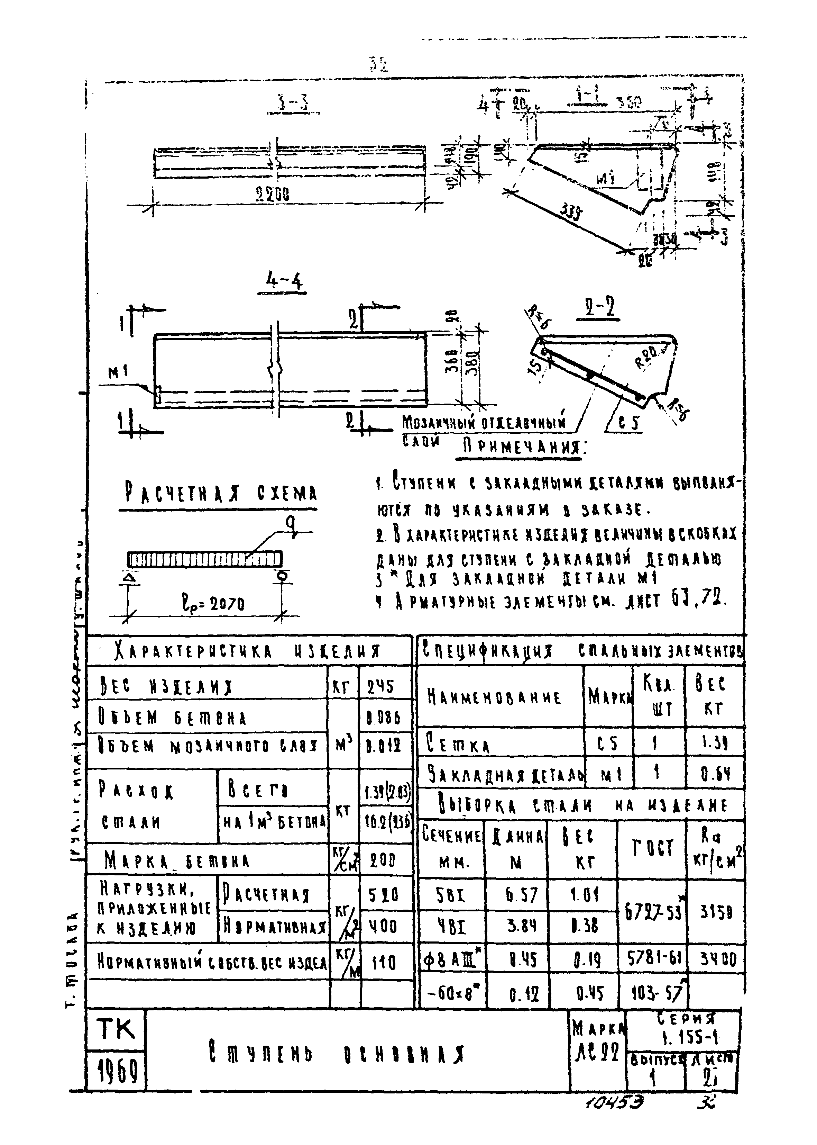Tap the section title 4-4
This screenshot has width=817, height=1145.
282,283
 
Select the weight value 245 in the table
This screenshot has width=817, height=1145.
381,686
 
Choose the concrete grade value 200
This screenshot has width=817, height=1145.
383,861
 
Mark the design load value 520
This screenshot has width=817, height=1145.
383,895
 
